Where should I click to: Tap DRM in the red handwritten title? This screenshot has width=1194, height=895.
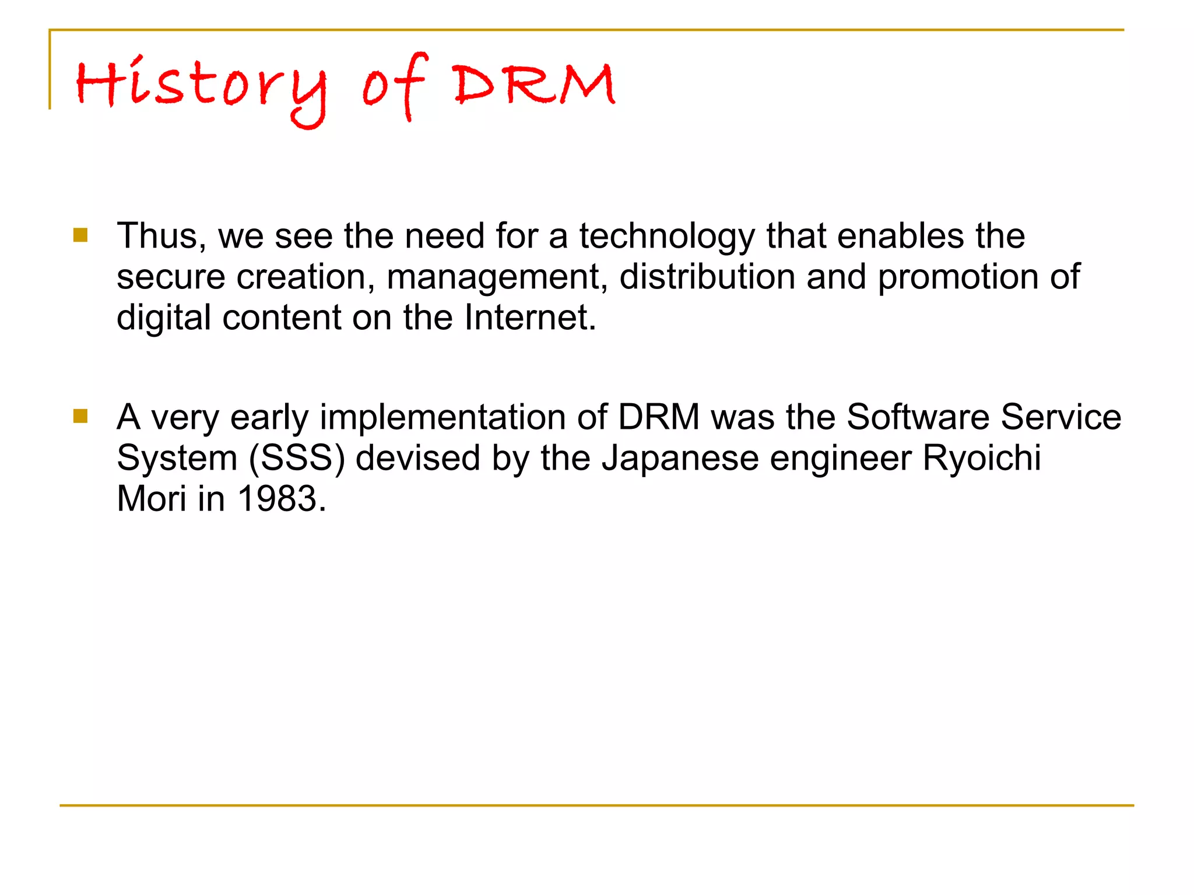pos(535,85)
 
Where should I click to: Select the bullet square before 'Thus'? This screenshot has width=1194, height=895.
pos(80,235)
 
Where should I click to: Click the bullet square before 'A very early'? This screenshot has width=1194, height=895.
pos(80,416)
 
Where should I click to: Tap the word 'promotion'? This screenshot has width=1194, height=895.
pos(958,278)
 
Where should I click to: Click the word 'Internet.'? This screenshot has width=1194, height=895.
pos(530,318)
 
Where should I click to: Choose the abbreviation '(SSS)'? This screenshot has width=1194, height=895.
pos(297,459)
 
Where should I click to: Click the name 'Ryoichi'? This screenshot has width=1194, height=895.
pos(981,459)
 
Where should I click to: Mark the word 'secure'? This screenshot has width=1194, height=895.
pos(171,277)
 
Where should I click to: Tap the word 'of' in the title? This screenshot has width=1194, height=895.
pos(396,87)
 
